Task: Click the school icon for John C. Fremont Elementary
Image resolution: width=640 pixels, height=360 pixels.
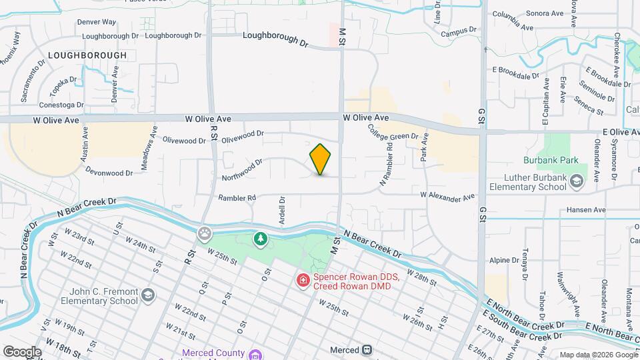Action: [147, 295]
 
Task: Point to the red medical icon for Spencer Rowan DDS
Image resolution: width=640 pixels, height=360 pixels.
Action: [304, 281]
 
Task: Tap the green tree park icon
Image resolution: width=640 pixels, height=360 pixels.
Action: [261, 238]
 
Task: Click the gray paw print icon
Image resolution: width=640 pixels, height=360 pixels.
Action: [205, 233]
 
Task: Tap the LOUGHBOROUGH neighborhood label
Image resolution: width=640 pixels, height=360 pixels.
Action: [87, 55]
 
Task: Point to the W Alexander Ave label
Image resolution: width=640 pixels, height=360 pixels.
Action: [447, 196]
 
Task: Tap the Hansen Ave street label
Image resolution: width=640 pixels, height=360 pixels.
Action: [585, 210]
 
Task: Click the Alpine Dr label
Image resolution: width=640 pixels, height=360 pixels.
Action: [503, 260]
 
